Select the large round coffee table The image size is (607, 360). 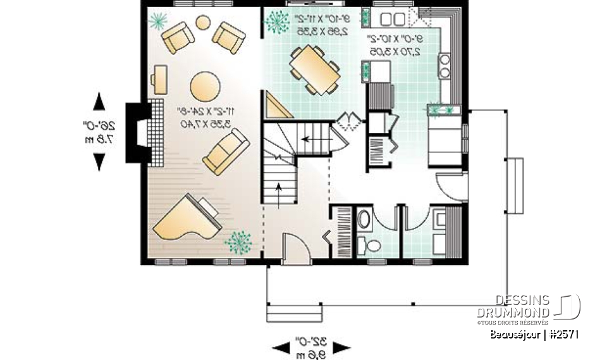click(205, 85)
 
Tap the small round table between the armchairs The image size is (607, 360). click(203, 23)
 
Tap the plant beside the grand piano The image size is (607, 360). click(238, 242)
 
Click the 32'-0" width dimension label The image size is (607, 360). click(310, 347)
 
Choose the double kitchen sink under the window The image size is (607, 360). click(400, 17)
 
